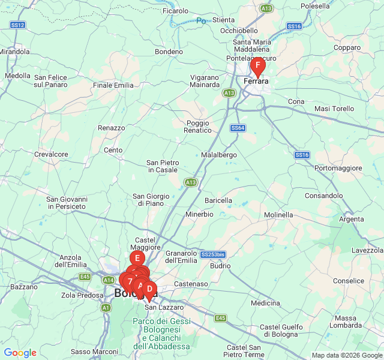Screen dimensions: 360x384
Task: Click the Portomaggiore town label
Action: click(x=340, y=168)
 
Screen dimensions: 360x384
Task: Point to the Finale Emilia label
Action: click(x=113, y=85)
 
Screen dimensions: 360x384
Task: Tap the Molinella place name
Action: click(x=278, y=215)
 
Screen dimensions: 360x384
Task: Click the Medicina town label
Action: click(x=265, y=303)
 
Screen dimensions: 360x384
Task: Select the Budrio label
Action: click(x=221, y=265)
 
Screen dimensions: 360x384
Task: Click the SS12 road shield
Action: click(x=18, y=25)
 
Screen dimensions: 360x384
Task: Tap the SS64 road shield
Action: click(x=238, y=128)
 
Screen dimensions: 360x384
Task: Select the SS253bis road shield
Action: click(x=212, y=254)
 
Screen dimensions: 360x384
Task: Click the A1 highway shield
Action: click(x=106, y=307)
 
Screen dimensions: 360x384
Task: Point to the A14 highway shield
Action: click(x=108, y=280)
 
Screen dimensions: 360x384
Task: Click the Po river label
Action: click(x=202, y=21)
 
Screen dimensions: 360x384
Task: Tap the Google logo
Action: click(x=20, y=353)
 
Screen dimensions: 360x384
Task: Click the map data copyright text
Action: click(x=346, y=355)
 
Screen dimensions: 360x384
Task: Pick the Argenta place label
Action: click(x=351, y=219)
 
